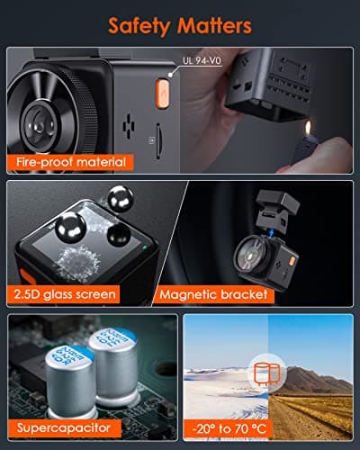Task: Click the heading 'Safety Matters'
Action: coord(180,24)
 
